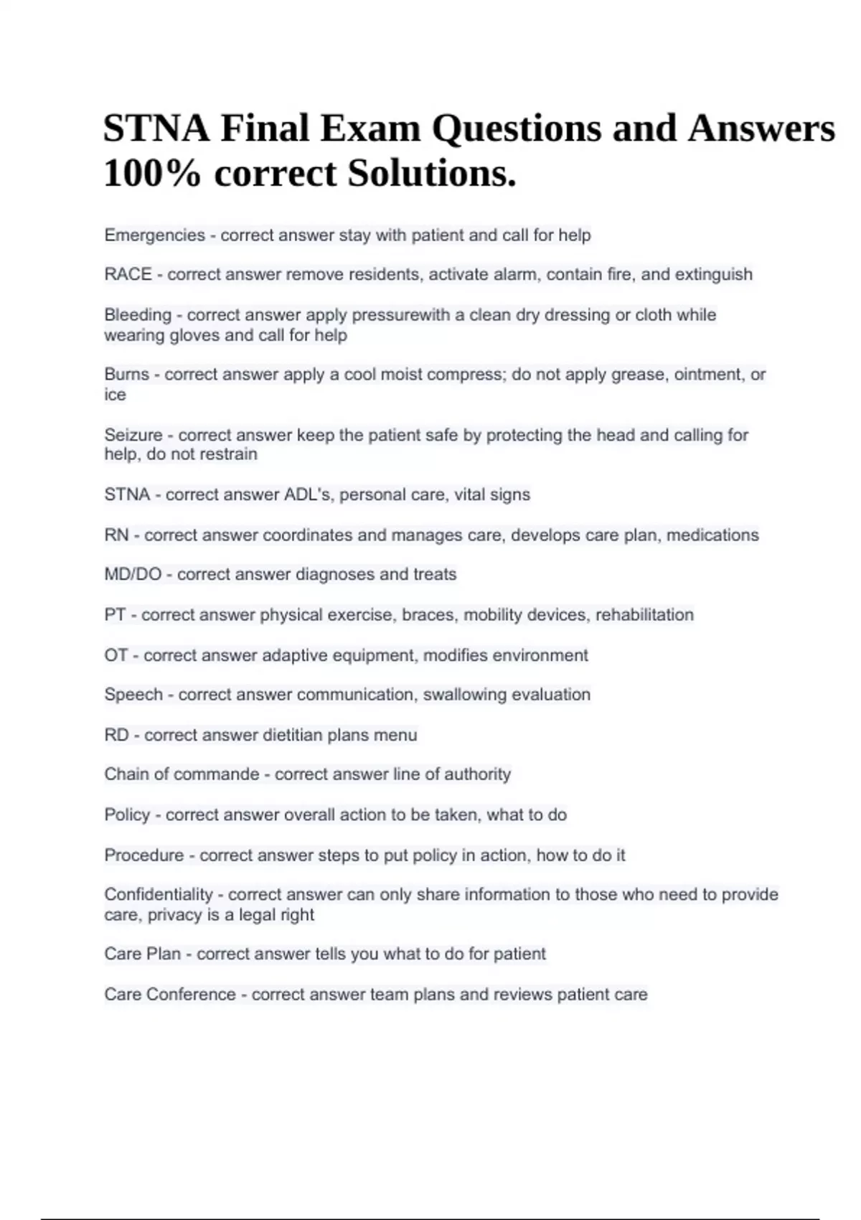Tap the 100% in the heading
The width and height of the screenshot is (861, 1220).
click(151, 174)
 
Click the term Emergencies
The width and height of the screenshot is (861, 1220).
click(154, 235)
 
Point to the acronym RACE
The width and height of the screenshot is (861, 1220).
click(128, 275)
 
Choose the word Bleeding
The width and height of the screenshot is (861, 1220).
click(137, 315)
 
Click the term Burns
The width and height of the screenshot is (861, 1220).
click(126, 375)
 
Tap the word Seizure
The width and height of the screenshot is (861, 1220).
click(133, 435)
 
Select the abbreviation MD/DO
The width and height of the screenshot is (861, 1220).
click(132, 575)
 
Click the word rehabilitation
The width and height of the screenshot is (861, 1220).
click(644, 615)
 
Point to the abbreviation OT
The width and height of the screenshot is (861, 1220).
click(116, 655)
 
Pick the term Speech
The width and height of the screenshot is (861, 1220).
click(133, 695)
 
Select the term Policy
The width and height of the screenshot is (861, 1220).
click(126, 815)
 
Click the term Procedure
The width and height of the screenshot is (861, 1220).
click(143, 855)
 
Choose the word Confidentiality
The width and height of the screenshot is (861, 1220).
click(158, 895)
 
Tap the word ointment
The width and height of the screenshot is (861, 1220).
click(705, 375)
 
